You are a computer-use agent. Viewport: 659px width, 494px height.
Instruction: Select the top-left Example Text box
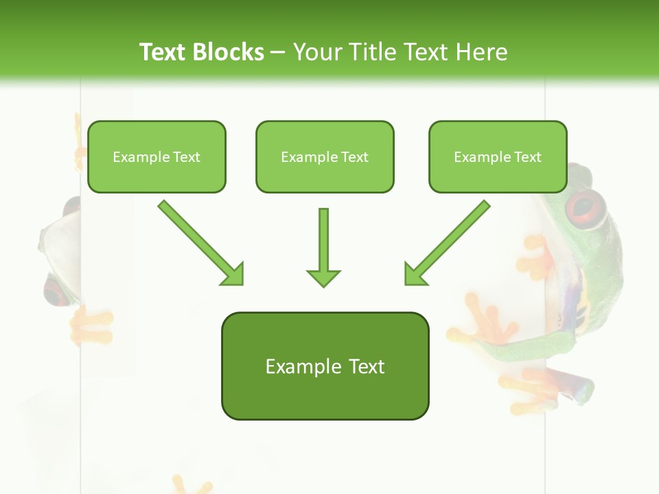click(x=157, y=156)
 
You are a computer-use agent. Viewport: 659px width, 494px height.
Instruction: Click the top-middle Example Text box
click(x=325, y=156)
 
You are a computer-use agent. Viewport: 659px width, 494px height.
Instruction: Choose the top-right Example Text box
click(x=498, y=156)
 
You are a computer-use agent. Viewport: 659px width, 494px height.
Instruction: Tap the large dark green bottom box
click(x=325, y=366)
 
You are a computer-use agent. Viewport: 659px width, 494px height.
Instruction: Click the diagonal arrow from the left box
click(x=200, y=242)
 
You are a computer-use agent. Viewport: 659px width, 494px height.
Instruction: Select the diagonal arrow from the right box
click(x=447, y=242)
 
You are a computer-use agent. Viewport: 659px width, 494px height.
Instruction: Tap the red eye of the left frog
click(x=55, y=292)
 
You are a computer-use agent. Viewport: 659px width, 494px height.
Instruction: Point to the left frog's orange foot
click(x=92, y=325)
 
